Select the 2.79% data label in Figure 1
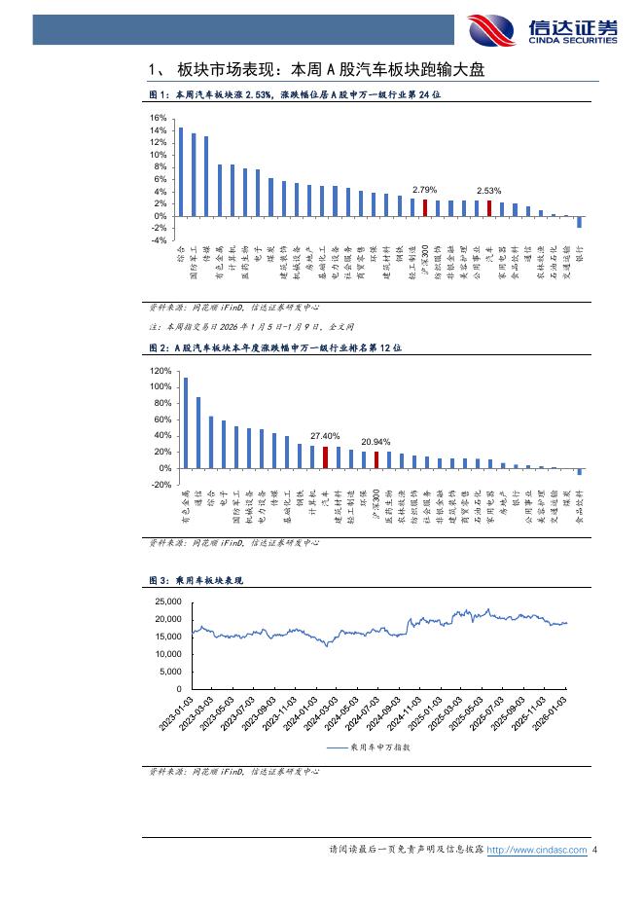click(x=424, y=190)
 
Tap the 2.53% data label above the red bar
click(x=488, y=191)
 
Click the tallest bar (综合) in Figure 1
click(x=180, y=171)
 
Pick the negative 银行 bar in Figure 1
click(x=580, y=222)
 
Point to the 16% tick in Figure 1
click(x=157, y=119)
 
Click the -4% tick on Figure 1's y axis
click(x=157, y=240)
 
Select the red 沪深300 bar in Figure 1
click(x=424, y=207)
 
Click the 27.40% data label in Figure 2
click(x=324, y=436)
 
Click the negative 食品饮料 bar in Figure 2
click(x=580, y=472)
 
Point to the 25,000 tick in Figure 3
click(x=168, y=601)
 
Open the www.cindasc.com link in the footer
click(x=536, y=850)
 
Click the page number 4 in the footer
click(x=595, y=850)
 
